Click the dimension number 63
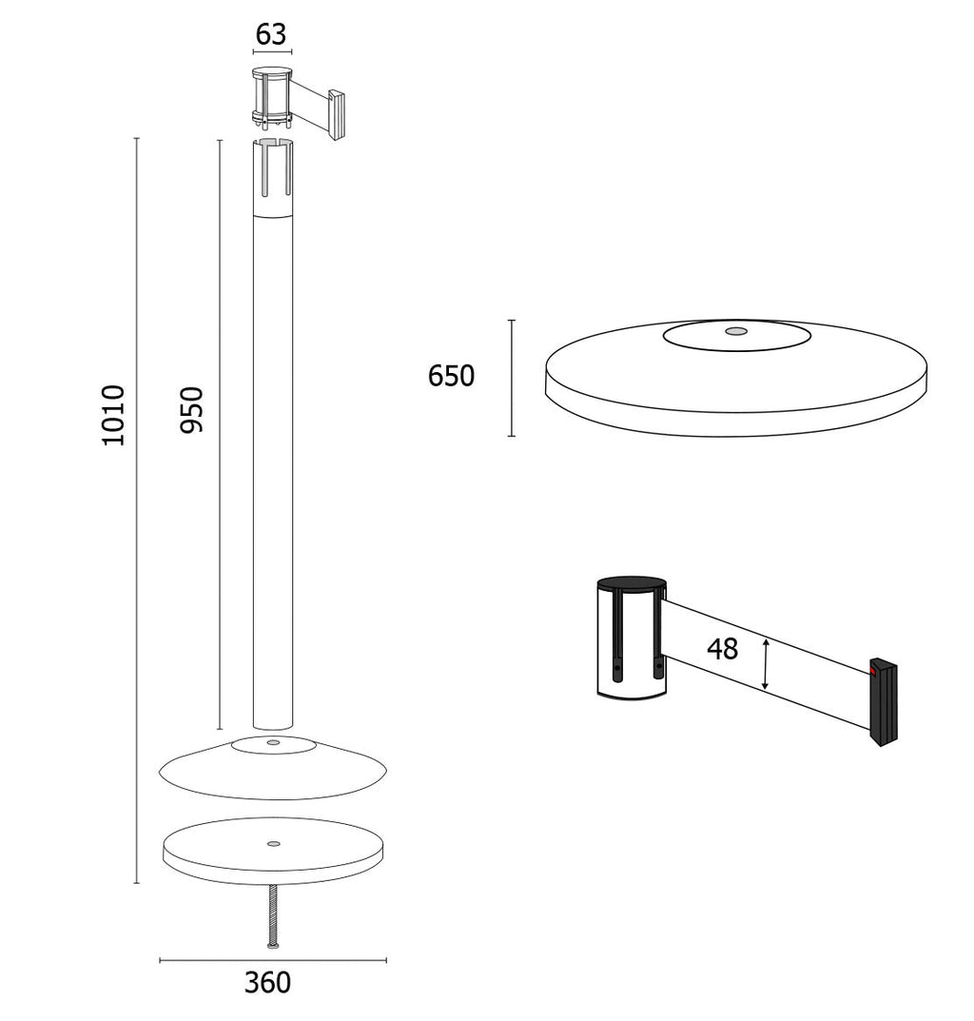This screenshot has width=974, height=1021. pos(271,34)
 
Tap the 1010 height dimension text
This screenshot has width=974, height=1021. pos(113,415)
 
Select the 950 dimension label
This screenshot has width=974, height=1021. pos(192,409)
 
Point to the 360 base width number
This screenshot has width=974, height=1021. pos(267,982)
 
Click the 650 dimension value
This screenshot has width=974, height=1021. pos(451,376)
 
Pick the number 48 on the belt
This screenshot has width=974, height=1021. pos(723,649)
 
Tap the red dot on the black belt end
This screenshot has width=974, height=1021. pos(873,670)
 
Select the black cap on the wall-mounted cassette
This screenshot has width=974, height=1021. pos(632,584)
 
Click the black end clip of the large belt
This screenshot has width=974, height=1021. pos(884,702)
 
